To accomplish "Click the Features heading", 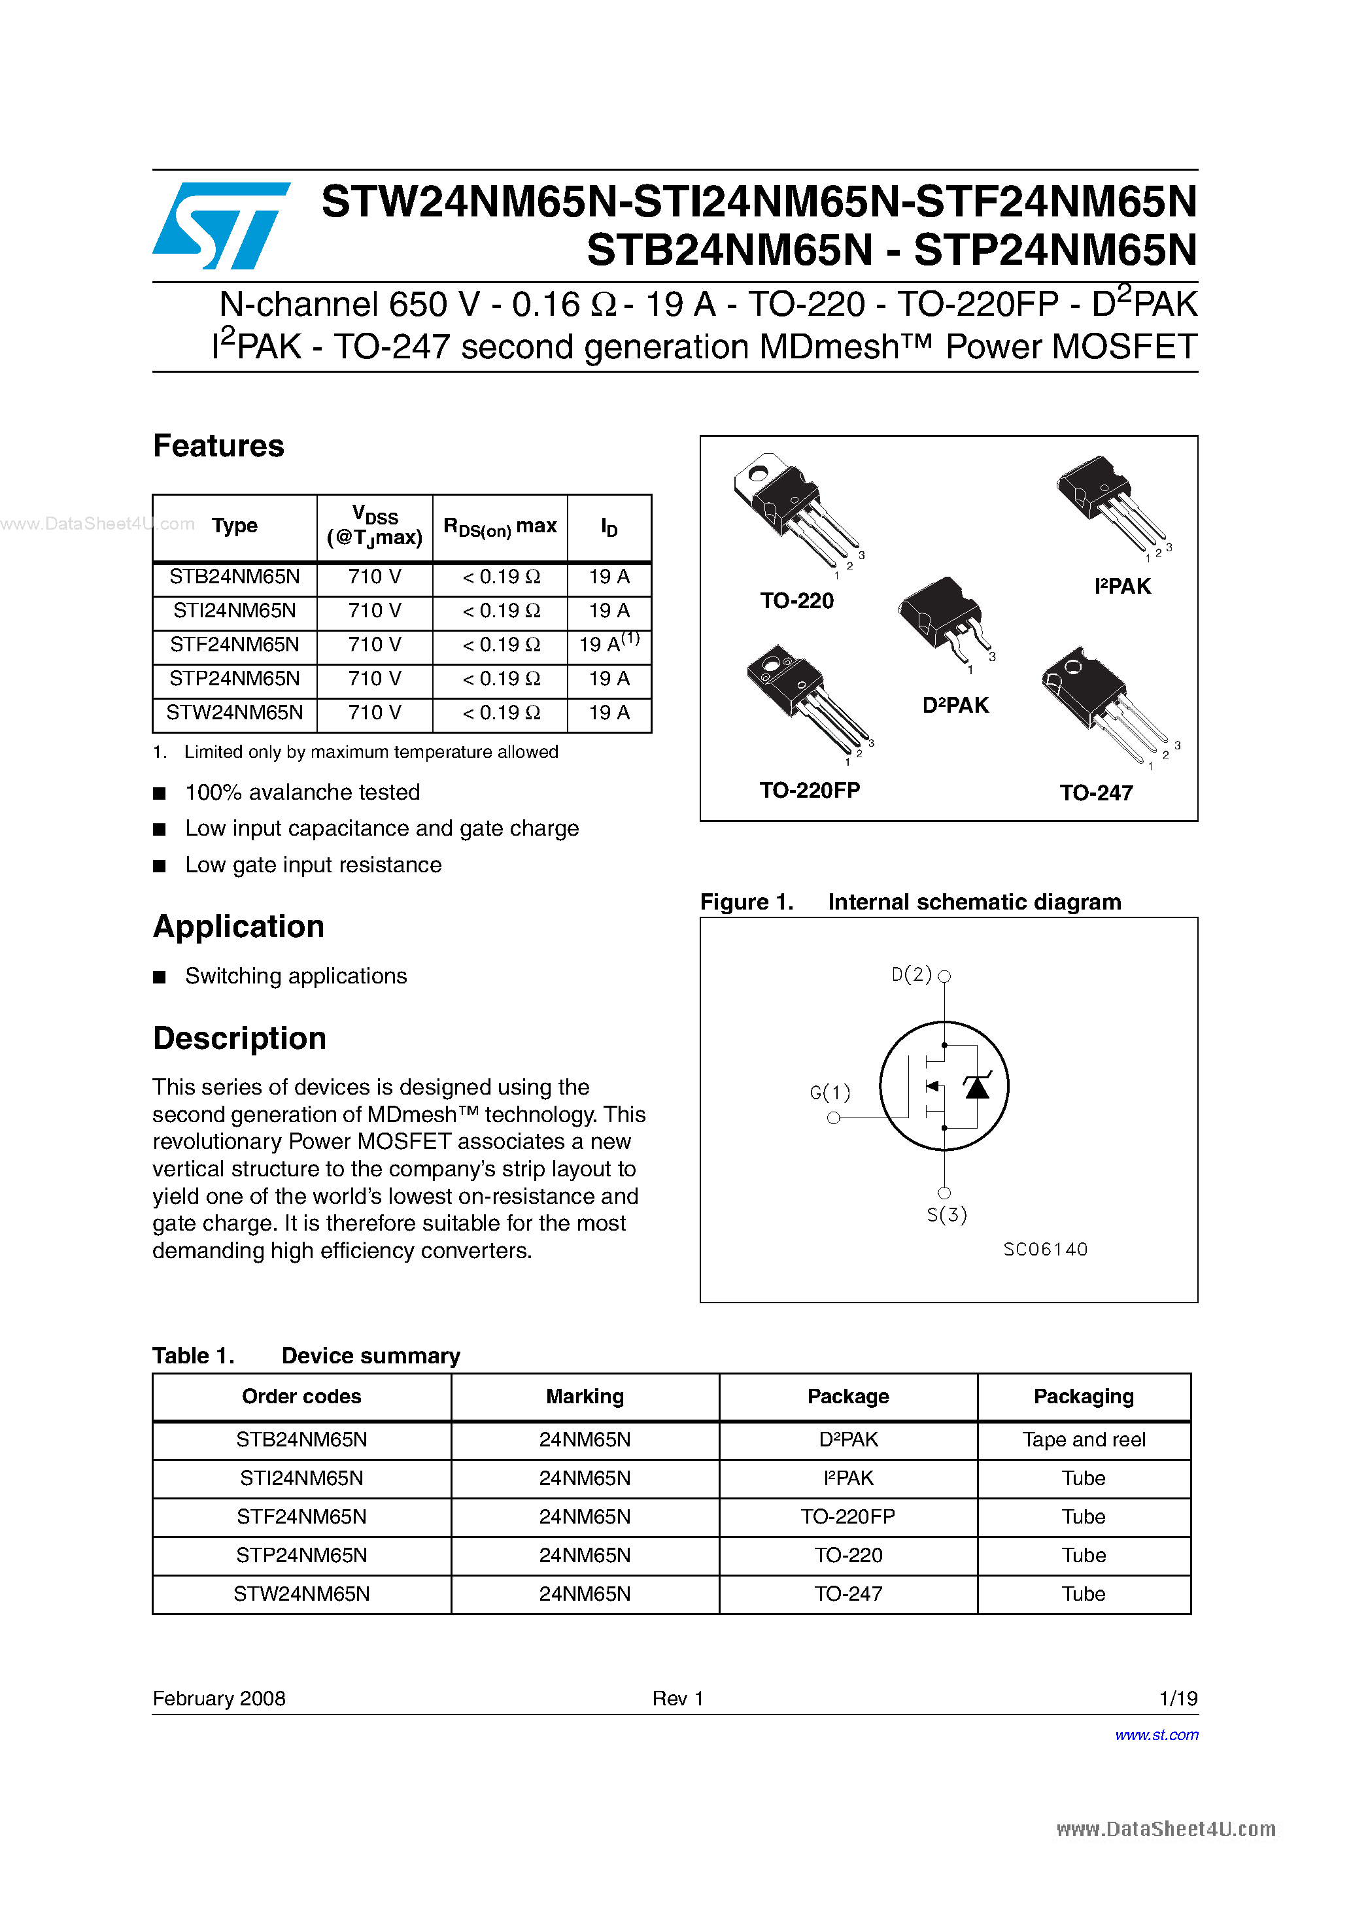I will tap(218, 447).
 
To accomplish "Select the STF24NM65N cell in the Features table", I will tap(234, 645).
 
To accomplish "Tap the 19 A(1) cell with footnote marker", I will tap(609, 643).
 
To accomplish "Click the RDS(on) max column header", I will tap(500, 527).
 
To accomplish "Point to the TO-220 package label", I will tap(796, 600).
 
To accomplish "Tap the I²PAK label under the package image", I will tap(1122, 587).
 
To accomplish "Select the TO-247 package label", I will tap(1095, 793).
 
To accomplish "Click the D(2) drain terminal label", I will tap(911, 974).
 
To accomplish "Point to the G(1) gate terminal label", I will tap(830, 1092).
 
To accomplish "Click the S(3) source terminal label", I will tap(947, 1215).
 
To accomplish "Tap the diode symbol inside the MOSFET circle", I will tap(976, 1087).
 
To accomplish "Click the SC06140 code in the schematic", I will tap(1046, 1249).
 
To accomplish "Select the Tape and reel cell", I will tap(1083, 1440).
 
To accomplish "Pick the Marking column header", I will tap(584, 1397).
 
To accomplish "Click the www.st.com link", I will tap(1156, 1735).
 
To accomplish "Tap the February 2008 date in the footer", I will tap(219, 1698).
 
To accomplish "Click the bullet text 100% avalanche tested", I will tap(301, 792).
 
